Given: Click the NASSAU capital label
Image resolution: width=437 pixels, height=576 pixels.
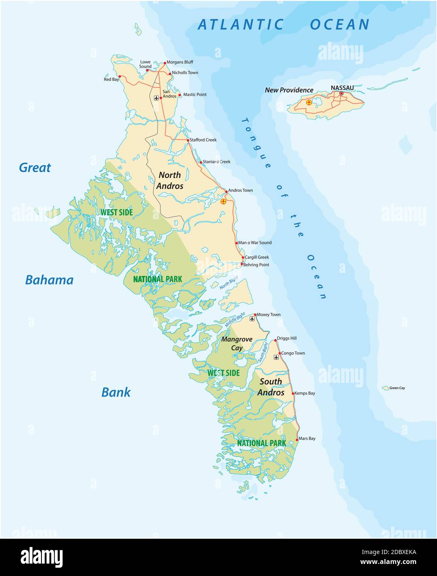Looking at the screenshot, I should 342,88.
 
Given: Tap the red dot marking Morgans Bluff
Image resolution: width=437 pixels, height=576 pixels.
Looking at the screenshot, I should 165,63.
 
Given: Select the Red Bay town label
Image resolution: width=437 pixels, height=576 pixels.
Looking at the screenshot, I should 111,79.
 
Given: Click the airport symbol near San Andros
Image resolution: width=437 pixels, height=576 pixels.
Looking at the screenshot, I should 156,98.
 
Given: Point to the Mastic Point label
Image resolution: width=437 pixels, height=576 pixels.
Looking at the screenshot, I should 195,94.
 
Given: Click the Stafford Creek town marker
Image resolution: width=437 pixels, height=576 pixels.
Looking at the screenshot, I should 188,140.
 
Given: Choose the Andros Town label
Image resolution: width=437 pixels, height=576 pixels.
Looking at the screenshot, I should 240,191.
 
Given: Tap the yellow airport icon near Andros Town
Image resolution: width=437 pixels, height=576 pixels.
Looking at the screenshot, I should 223,201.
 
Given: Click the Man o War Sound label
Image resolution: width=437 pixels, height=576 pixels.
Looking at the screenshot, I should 255,243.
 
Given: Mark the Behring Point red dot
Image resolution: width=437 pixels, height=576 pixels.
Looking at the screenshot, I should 242,264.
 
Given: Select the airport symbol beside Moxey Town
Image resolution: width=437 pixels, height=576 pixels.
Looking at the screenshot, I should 252,319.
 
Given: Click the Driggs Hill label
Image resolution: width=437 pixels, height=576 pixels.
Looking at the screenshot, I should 287,339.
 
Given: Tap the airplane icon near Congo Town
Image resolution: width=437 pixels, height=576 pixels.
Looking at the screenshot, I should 277,357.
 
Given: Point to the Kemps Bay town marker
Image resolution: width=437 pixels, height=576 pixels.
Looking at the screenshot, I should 293,394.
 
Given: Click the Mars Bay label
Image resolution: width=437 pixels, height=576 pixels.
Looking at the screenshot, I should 307,438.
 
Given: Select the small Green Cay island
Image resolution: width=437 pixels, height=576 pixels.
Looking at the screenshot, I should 385,388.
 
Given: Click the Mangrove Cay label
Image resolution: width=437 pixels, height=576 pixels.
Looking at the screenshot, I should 237,344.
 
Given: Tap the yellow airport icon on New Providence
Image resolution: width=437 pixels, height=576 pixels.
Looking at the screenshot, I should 308,102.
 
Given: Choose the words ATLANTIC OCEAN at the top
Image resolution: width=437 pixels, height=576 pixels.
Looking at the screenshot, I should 284,24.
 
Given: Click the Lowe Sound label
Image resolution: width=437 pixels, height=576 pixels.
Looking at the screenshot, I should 145,64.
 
